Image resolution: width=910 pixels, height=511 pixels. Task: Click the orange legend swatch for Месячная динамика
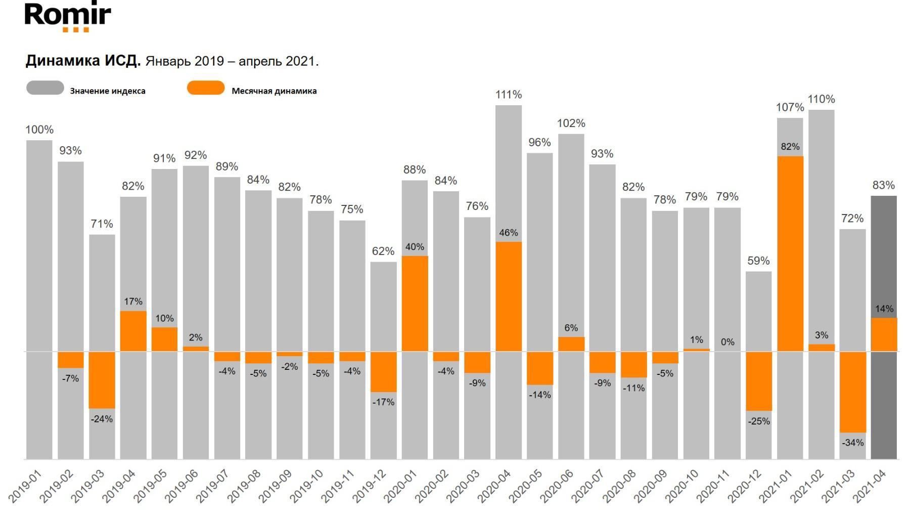(x=206, y=88)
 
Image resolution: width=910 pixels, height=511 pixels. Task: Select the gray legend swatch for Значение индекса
(x=45, y=88)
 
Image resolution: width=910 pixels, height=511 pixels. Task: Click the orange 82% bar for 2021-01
(x=790, y=253)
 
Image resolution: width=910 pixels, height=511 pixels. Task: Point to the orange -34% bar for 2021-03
(x=853, y=392)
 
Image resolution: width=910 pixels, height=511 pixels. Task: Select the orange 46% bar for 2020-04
(x=509, y=296)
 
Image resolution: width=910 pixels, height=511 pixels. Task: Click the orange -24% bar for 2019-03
(x=102, y=380)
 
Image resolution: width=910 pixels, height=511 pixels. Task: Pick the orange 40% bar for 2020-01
(x=415, y=304)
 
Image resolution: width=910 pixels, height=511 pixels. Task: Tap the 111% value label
(x=509, y=95)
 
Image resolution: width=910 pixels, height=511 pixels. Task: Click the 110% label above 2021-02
(x=822, y=99)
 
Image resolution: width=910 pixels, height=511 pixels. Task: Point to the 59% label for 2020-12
(x=758, y=261)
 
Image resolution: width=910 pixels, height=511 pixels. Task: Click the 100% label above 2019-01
(x=39, y=130)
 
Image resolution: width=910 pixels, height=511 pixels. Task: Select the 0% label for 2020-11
(x=727, y=342)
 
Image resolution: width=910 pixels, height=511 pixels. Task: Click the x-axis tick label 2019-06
(x=181, y=486)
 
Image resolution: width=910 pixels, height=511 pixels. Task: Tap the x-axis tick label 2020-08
(x=619, y=486)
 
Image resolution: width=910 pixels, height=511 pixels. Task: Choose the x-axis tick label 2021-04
(x=869, y=486)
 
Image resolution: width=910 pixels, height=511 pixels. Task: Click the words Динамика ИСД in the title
(x=83, y=61)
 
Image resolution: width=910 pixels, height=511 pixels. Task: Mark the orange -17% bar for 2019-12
(x=384, y=372)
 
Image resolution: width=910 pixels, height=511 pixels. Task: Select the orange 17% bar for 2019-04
(x=133, y=331)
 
